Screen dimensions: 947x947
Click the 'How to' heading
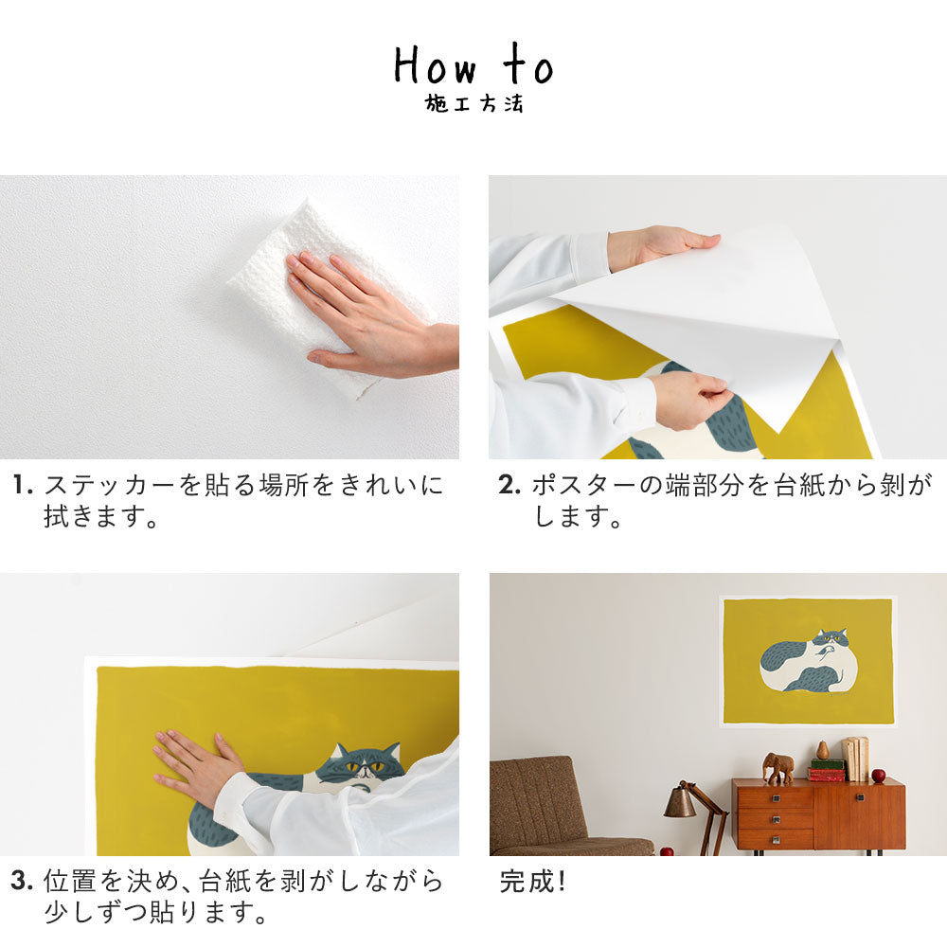point(473,66)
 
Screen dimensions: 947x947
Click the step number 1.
point(23,487)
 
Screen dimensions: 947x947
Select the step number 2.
point(509,487)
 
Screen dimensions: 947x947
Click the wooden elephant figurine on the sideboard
point(778,767)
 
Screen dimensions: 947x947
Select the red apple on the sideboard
point(878,776)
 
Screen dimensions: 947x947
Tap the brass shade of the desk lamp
point(680,803)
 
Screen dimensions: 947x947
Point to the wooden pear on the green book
point(823,750)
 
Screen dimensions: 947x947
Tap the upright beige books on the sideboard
point(856,759)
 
